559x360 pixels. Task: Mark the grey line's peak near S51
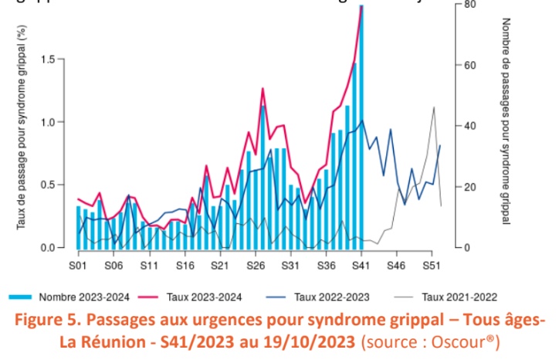coord(434,107)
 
